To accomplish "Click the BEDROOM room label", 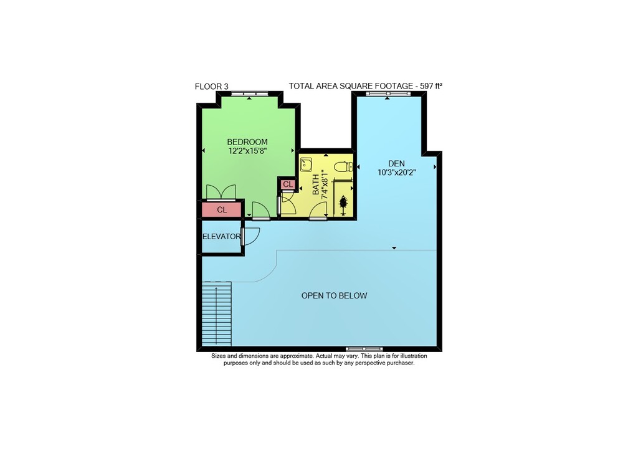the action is point(247,142).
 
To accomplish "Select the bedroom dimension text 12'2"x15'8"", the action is point(247,151).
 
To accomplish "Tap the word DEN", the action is point(396,163).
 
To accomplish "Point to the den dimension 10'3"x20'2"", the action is point(396,173).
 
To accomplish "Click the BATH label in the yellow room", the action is point(315,185).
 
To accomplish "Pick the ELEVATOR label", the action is point(221,237).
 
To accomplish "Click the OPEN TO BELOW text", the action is point(334,295).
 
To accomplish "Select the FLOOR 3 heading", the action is point(211,86).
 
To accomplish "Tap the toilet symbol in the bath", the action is point(343,166).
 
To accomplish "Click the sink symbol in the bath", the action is point(306,165).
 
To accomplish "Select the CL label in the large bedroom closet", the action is point(222,209).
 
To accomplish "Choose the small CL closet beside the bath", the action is point(288,184).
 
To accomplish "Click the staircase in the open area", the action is point(217,313).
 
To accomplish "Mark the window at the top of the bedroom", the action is point(250,94).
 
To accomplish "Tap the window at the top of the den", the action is point(388,94).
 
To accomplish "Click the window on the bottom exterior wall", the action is point(364,349).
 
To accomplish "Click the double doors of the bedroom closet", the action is point(221,192).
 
